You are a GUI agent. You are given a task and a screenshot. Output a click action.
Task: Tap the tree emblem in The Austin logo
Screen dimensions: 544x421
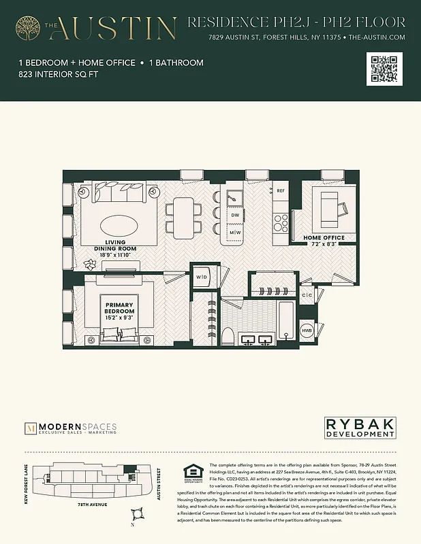tap(29, 28)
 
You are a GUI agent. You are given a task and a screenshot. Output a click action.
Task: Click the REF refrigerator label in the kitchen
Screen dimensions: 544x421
tap(281, 191)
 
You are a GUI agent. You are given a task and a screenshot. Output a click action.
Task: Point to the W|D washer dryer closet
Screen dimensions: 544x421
tap(202, 277)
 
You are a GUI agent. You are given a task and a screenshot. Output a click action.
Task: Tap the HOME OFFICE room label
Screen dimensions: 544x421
tap(324, 237)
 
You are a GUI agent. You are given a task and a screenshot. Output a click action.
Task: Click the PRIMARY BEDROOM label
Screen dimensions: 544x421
tap(119, 305)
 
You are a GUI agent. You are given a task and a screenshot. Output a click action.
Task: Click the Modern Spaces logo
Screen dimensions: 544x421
tap(71, 428)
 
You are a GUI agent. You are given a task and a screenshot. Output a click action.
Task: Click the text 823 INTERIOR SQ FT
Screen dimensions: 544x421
tap(59, 75)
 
